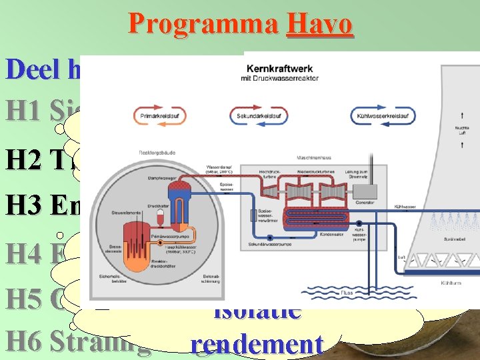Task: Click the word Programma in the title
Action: [204, 24]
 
